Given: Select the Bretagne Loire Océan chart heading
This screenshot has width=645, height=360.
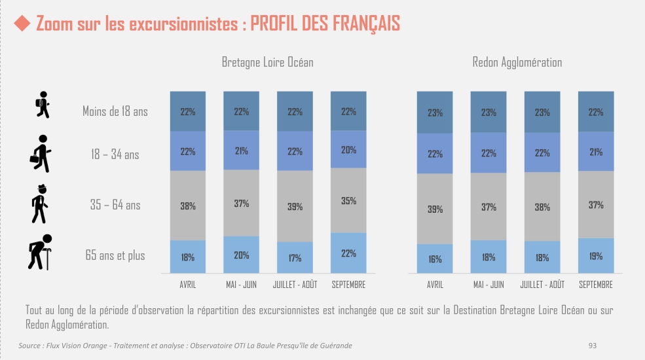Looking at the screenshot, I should (267, 63).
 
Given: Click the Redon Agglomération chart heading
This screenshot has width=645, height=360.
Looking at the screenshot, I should (517, 63).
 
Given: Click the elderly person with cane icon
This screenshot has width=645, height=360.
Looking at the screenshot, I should (39, 252).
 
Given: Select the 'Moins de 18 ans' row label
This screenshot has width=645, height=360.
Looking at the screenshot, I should (115, 111).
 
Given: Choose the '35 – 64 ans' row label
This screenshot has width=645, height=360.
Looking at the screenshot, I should (115, 205).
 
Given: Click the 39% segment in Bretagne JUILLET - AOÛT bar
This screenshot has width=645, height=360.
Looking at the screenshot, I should (295, 206).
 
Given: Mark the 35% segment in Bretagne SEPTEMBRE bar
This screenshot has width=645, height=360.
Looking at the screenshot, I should (348, 200).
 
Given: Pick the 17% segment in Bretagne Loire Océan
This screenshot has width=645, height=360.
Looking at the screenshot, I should (295, 258).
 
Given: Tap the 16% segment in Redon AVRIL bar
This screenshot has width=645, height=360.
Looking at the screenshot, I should (435, 259).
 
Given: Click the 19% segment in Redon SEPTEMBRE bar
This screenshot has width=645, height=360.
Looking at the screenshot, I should (596, 256).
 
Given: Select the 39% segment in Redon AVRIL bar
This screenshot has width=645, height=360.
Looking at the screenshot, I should (435, 209).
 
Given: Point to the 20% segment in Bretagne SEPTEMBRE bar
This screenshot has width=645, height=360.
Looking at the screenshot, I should (348, 149).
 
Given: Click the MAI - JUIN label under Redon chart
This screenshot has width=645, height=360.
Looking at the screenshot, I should (488, 285).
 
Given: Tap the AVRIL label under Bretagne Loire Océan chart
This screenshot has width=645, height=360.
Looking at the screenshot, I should (188, 285).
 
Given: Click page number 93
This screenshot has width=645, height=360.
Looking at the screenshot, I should (593, 345).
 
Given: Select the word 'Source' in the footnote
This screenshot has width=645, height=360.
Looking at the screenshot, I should (29, 345).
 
